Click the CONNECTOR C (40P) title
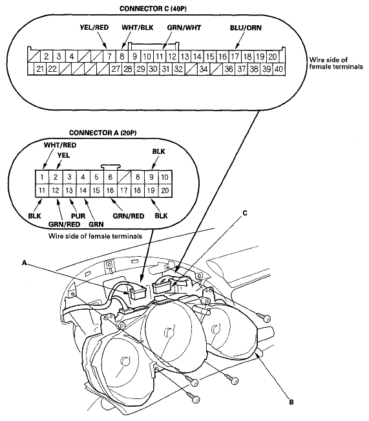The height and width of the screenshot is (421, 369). coord(153,8)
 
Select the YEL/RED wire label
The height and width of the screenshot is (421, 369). coord(94,27)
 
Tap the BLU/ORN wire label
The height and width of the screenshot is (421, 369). coord(246,28)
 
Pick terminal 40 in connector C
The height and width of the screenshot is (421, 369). coord(279,69)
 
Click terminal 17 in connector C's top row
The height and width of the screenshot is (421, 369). coord(235,57)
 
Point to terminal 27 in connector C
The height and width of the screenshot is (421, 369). coord(116,69)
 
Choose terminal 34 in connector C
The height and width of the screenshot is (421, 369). coord(204,69)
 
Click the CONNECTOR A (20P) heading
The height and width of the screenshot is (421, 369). coord(103,133)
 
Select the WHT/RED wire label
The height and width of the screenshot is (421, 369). coord(60,146)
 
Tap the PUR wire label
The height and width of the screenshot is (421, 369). coord(78,216)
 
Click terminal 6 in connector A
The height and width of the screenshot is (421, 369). coord(111,177)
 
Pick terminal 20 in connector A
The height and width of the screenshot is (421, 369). coord(165,191)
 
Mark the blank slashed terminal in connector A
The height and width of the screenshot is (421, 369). coord(124,177)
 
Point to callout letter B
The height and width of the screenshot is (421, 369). coord(291,402)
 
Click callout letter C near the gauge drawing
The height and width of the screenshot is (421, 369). coord(245,213)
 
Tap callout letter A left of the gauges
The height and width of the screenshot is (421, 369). coord(25,263)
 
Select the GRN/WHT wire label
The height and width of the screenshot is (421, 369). coord(184,28)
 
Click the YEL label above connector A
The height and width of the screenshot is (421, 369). coord(63,155)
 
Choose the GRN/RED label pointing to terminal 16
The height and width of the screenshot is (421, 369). coord(129,216)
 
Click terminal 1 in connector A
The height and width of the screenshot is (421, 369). coord(42,177)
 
